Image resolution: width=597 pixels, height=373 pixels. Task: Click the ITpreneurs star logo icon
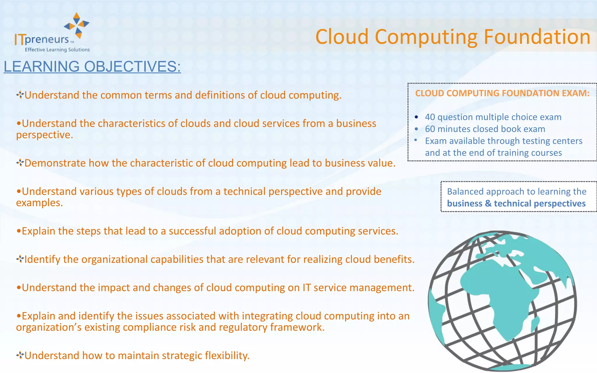pyautogui.click(x=77, y=25)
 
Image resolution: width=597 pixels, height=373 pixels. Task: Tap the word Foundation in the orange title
pyautogui.click(x=537, y=37)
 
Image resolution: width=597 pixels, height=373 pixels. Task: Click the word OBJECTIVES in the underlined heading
pyautogui.click(x=132, y=66)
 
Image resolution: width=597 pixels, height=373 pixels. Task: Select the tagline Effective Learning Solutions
pyautogui.click(x=57, y=50)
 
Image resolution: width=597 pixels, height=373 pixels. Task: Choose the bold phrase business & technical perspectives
pyautogui.click(x=516, y=203)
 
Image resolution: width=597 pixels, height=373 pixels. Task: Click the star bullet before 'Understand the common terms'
pyautogui.click(x=20, y=95)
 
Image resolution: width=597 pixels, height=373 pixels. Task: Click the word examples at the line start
pyautogui.click(x=39, y=203)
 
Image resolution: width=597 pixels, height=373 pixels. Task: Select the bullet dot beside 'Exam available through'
pyautogui.click(x=416, y=140)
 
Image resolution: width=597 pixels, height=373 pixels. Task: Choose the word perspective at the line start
pyautogui.click(x=44, y=135)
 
